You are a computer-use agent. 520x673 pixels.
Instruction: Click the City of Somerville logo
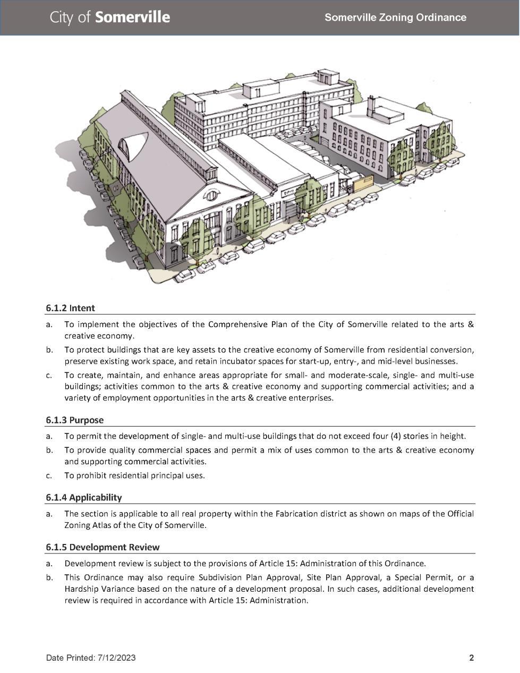[110, 18]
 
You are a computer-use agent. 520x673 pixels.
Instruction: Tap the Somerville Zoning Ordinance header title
[395, 18]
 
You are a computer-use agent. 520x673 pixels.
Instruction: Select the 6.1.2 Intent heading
[70, 308]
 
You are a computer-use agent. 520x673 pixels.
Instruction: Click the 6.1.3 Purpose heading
[74, 420]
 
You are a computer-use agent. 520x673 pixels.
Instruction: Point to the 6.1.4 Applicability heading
[83, 498]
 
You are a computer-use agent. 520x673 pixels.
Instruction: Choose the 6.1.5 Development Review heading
[103, 547]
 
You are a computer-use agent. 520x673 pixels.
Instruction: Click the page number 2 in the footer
[471, 658]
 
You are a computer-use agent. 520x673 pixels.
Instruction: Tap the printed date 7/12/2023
[116, 658]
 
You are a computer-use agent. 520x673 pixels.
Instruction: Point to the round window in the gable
[211, 195]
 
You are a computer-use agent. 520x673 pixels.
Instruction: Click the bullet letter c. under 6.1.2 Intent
[49, 375]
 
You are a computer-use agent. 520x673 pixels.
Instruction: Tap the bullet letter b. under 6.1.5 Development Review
[49, 577]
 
